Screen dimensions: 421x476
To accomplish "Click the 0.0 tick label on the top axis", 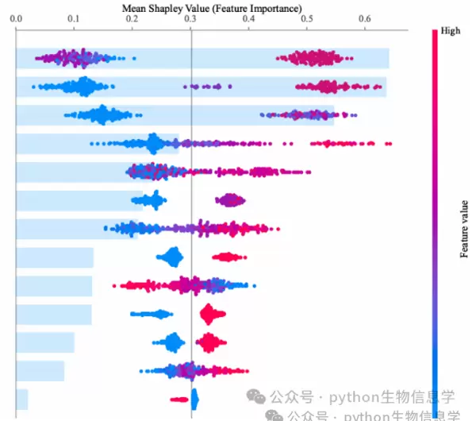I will pos(17,19).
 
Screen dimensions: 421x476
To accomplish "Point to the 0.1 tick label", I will pos(74,19).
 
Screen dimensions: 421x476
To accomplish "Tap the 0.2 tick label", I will pos(132,19).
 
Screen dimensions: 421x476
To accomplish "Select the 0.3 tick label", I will pos(190,19).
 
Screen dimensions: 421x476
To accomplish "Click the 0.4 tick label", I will pos(248,19).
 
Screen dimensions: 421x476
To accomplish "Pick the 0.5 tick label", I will pos(306,19).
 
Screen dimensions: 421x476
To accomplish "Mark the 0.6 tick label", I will pos(365,19).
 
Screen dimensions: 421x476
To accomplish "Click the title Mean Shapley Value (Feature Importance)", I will pos(212,8).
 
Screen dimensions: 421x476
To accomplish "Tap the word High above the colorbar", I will pos(449,30).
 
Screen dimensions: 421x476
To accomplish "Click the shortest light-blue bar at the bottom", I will pos(22,399).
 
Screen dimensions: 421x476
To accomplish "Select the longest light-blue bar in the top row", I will pos(202,58).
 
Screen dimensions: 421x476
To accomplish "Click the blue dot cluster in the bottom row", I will pos(194,399).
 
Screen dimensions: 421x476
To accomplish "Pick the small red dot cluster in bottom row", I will pos(179,400).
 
